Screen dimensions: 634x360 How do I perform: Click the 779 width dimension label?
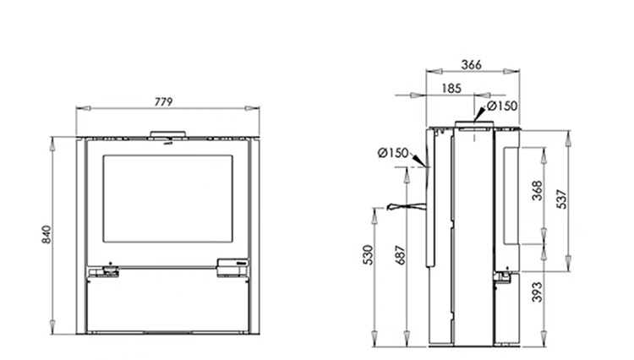[164, 101]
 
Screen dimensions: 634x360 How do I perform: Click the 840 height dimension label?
[46, 234]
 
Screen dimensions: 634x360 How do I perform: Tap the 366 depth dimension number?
[472, 64]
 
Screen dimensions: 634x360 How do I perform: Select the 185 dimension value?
[451, 88]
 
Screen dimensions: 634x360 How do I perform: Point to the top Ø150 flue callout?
[502, 106]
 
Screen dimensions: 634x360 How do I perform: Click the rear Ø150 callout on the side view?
[392, 153]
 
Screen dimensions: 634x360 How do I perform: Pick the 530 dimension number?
[368, 254]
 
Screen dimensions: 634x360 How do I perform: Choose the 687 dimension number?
[400, 254]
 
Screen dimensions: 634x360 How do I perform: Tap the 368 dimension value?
[538, 190]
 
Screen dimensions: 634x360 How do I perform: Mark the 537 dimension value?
[562, 199]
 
